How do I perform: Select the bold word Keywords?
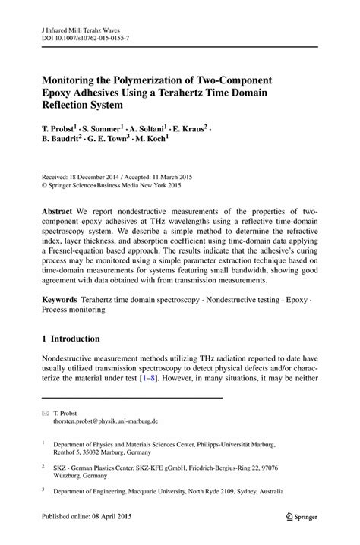(62, 301)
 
